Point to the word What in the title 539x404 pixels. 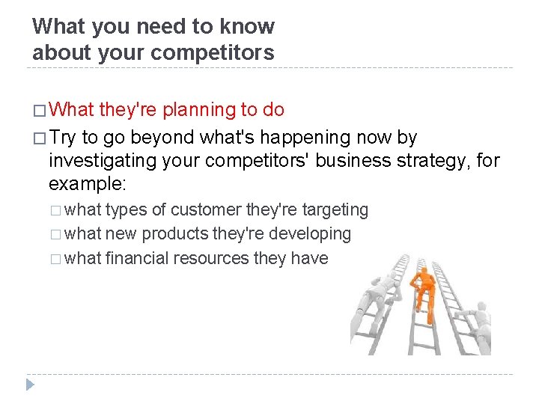(59, 26)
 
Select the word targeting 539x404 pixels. (335, 209)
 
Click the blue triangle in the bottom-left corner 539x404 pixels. (30, 385)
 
